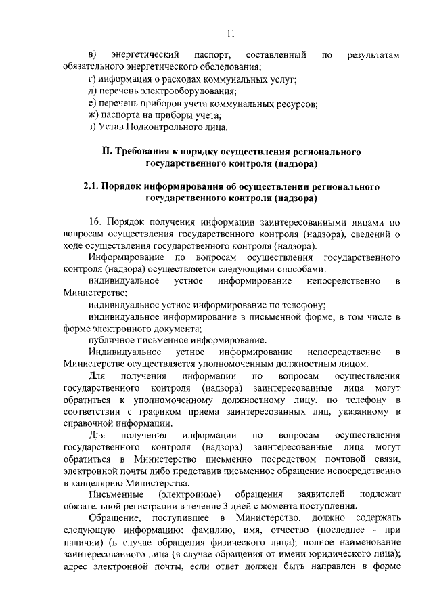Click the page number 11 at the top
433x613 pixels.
(x=230, y=32)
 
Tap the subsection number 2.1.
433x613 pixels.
(x=92, y=186)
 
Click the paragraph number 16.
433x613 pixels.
(x=95, y=222)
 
